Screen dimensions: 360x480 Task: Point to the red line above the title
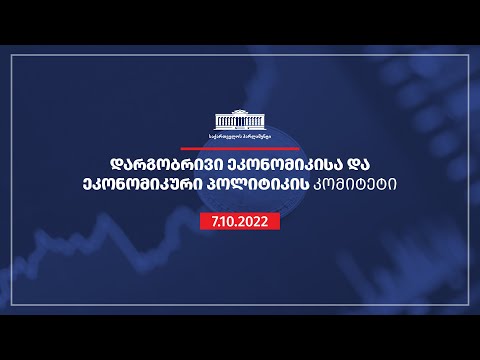tap(239, 143)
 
